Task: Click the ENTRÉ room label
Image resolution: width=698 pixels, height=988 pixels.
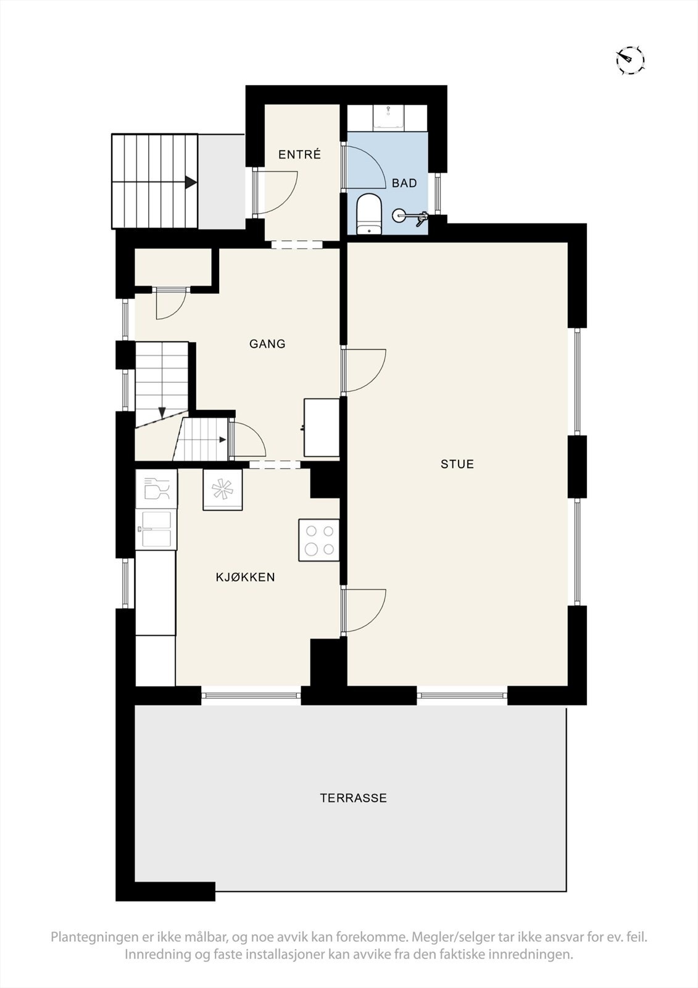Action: point(299,155)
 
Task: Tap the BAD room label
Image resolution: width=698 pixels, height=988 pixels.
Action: point(404,183)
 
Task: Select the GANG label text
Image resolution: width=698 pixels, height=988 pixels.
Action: point(267,344)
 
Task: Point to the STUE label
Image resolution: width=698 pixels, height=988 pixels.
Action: point(457,464)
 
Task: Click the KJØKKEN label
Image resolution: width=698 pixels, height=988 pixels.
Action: point(245,577)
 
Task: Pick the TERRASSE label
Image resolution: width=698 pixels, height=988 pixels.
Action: point(353,798)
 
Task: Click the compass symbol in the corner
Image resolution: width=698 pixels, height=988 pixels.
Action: point(630,60)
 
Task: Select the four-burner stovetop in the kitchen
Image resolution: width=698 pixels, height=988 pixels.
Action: point(319,540)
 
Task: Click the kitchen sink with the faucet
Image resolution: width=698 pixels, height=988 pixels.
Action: point(156,529)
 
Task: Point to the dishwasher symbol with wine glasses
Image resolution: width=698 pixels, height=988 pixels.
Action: point(156,488)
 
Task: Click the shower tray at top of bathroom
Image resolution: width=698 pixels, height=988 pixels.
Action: point(389,117)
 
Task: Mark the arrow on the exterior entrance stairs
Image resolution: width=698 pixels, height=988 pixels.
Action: point(190,183)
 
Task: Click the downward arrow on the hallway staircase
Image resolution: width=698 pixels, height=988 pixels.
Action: point(162,412)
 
